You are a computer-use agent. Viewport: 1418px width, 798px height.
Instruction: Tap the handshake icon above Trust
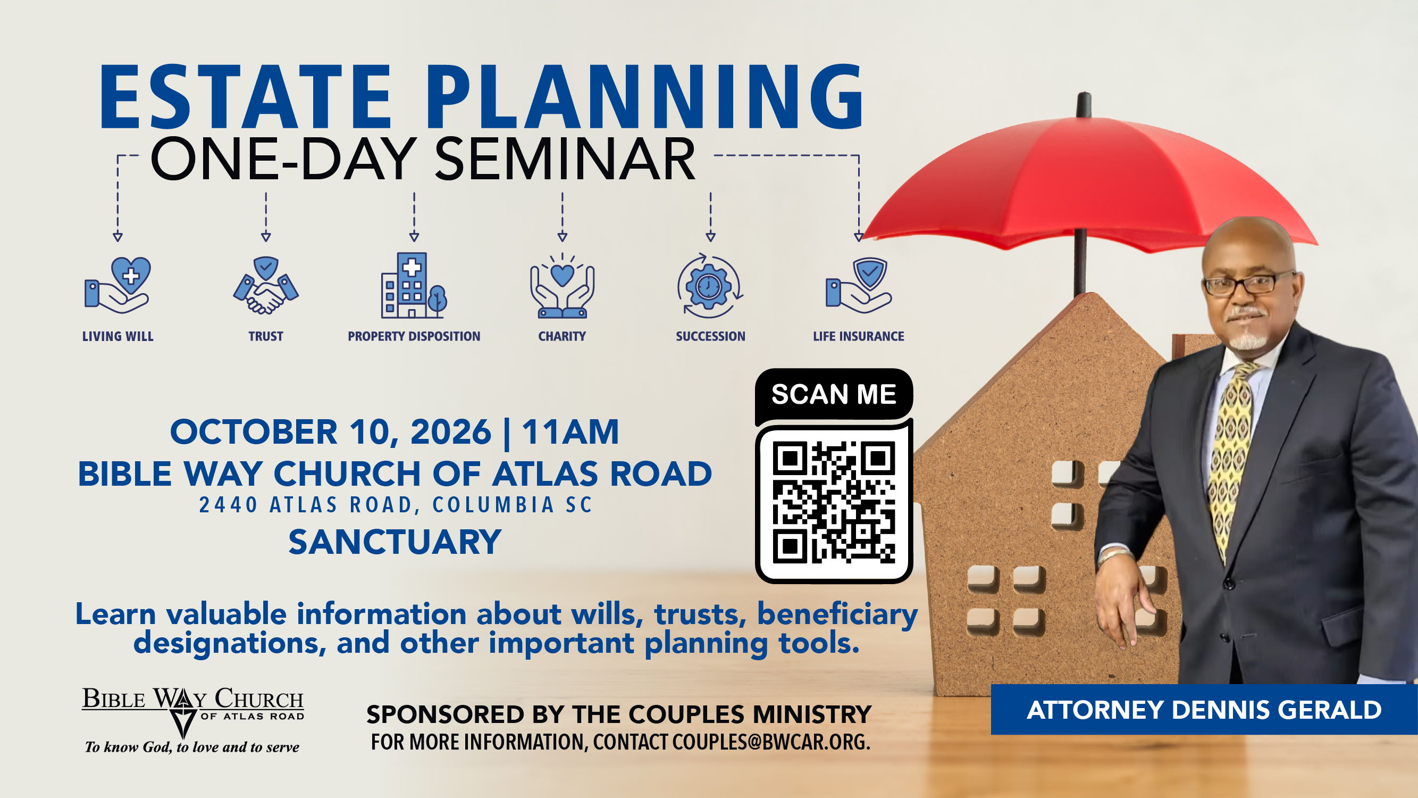point(266,285)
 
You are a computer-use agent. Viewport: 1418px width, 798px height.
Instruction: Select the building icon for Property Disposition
point(414,285)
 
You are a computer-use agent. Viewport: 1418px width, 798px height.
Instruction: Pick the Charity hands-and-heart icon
point(562,286)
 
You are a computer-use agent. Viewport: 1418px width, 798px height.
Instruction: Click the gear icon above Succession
point(710,286)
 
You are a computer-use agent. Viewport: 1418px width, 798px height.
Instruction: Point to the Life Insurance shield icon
point(858,285)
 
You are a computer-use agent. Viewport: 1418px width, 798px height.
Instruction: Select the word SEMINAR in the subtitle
point(565,159)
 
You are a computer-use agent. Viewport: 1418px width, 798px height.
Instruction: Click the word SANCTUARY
point(395,542)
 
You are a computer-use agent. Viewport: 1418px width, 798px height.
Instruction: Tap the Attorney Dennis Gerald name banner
point(1204,709)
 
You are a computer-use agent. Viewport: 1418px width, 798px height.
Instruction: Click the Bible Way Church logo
point(192,719)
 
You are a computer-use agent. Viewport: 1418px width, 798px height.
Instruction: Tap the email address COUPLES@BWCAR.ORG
point(770,742)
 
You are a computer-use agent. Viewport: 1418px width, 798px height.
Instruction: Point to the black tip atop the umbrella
point(1084,105)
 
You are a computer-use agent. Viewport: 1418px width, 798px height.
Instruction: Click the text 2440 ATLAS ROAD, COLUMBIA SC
point(396,504)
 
